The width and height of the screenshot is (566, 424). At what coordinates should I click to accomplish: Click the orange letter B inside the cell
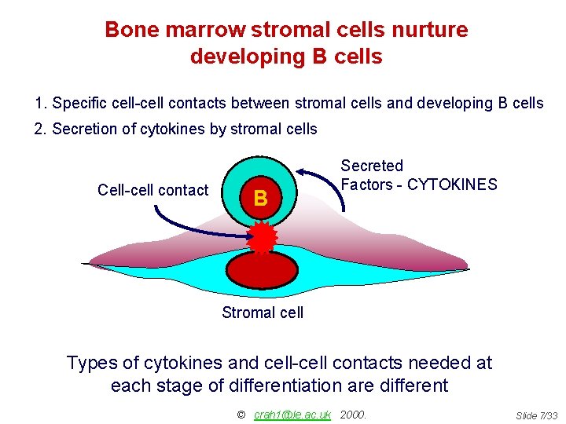[261, 199]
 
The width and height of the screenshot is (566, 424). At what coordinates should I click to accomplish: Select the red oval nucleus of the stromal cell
[263, 269]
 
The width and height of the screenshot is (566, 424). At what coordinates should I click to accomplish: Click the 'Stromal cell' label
[263, 313]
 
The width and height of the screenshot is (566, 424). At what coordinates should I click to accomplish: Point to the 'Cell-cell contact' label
[153, 190]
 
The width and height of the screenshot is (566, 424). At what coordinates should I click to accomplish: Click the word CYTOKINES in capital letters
[452, 185]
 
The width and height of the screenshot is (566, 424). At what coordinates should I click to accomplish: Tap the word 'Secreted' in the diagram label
[371, 166]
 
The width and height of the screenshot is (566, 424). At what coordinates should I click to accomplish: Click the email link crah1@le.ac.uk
[292, 415]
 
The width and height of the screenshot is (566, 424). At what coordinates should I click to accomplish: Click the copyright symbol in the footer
[241, 415]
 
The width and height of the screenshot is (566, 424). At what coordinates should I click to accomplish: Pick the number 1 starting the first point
[39, 103]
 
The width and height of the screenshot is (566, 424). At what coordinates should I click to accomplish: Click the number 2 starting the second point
[39, 129]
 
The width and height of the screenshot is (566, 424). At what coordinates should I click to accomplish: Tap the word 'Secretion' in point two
[83, 129]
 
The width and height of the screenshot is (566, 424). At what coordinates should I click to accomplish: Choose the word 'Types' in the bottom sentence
[91, 363]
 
